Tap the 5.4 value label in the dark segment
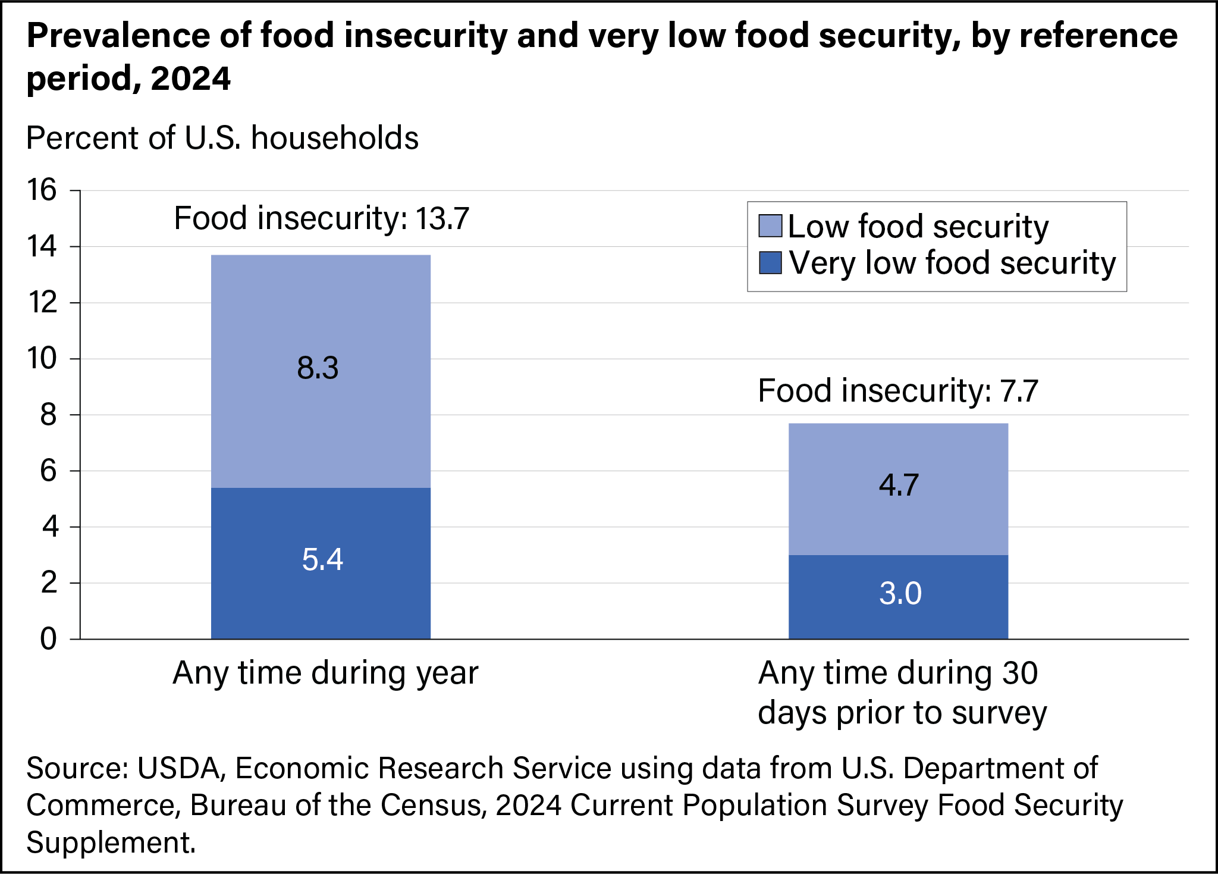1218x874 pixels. (322, 559)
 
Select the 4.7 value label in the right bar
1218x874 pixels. (899, 485)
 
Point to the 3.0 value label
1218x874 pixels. (900, 593)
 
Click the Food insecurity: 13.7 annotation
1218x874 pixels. (321, 218)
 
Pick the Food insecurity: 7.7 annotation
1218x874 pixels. (897, 391)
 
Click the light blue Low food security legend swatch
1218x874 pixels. (770, 227)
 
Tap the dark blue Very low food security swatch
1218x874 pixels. (770, 263)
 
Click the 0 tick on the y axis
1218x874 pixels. (49, 639)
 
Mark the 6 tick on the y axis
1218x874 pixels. (49, 471)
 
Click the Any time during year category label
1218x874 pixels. (325, 673)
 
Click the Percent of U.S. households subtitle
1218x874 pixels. (222, 138)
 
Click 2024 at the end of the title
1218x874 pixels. (190, 79)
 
